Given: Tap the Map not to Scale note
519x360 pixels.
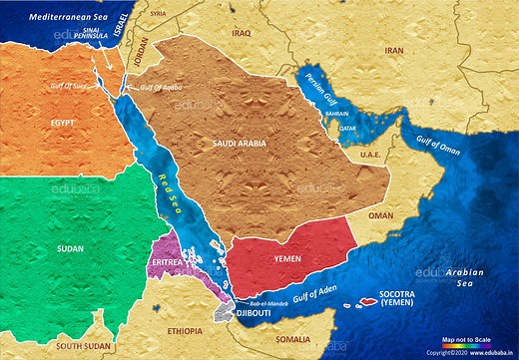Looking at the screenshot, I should (x=469, y=339).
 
